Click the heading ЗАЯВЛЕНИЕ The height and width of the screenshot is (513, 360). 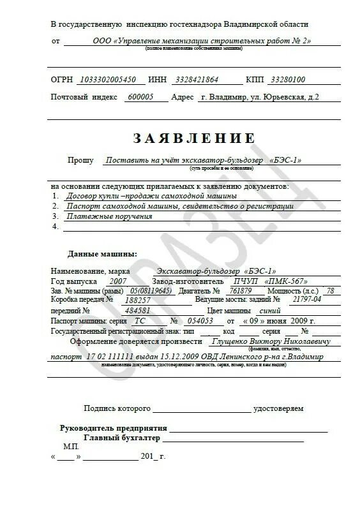(x=194, y=138)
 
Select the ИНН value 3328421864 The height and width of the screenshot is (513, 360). (x=195, y=80)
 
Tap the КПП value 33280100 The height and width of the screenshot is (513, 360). (x=288, y=80)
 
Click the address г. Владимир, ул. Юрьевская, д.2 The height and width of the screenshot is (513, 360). (x=259, y=97)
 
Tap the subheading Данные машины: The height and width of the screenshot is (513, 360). (x=102, y=254)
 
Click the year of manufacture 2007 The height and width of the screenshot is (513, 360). (x=118, y=281)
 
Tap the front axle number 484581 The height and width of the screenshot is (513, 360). (x=138, y=310)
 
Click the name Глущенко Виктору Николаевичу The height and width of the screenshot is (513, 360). (x=279, y=341)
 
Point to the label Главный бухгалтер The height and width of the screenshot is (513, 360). (x=122, y=438)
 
